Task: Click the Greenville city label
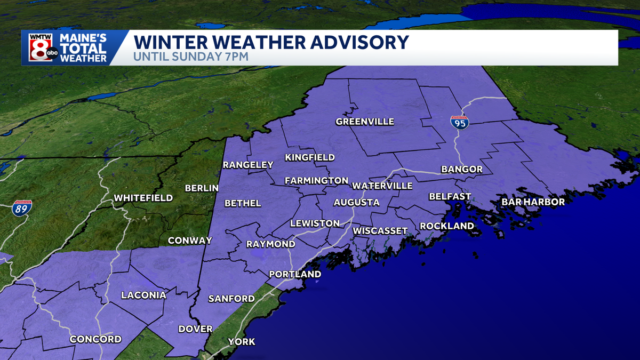365,122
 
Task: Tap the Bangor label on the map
461,170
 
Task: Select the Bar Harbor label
533,202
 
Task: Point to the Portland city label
295,274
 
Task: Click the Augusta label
356,203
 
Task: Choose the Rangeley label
248,165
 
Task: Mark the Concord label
95,339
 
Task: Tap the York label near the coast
242,342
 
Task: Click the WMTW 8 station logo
40,49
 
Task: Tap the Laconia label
143,295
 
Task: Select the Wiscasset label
380,230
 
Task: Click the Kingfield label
310,157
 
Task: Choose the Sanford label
231,299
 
